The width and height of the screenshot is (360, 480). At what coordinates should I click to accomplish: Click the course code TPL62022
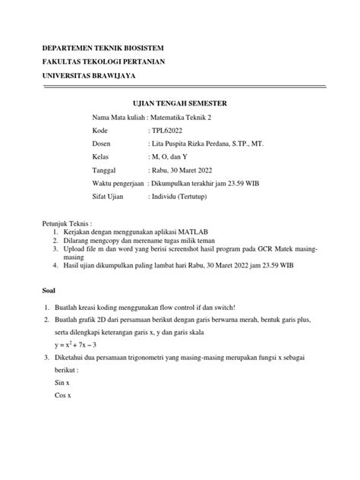(168, 130)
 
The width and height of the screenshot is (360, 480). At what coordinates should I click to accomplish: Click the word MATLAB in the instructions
(221, 230)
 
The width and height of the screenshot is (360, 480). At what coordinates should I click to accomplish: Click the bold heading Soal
(47, 289)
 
